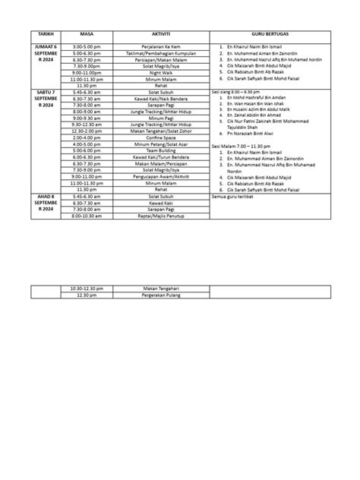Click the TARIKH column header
tap(37, 36)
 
